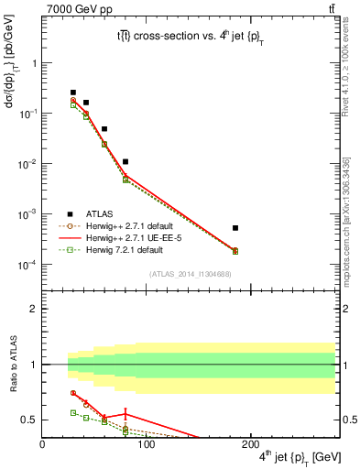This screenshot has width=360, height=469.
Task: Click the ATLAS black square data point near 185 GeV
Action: [x=235, y=228]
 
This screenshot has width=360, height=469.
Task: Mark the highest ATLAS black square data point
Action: [x=73, y=93]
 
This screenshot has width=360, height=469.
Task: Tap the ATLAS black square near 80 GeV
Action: [x=125, y=161]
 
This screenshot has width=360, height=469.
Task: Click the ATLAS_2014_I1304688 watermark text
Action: [x=190, y=273]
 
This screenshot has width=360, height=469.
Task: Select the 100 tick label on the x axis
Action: [x=147, y=444]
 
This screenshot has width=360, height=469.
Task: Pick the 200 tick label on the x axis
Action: [x=251, y=444]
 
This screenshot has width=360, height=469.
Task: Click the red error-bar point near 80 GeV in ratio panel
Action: [x=125, y=413]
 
